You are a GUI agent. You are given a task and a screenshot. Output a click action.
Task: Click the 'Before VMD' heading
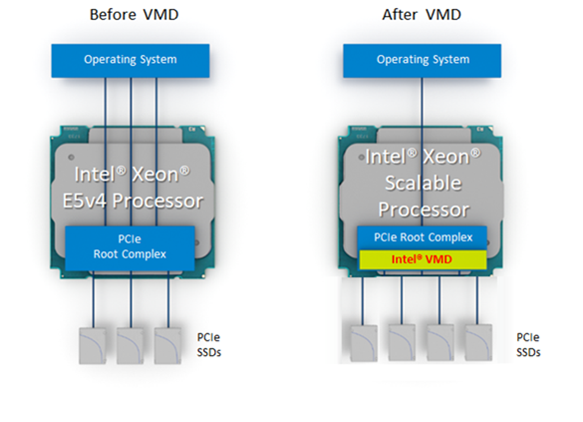click(135, 15)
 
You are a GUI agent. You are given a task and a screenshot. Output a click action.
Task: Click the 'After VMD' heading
click(422, 15)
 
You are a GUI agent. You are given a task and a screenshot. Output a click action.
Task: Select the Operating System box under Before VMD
click(131, 61)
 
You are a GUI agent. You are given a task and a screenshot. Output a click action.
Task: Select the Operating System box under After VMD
click(422, 61)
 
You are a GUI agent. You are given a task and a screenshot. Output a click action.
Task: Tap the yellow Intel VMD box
click(423, 259)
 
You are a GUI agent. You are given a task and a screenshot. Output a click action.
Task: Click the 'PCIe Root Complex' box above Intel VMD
click(422, 237)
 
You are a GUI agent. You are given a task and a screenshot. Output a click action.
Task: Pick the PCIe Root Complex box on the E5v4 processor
click(130, 247)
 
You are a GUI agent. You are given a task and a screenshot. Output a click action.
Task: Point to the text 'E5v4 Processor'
click(133, 201)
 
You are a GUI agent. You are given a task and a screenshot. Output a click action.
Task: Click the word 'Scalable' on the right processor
click(424, 184)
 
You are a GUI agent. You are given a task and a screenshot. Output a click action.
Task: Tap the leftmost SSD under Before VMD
click(93, 346)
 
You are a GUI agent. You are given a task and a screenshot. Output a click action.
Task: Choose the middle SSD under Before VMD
click(131, 346)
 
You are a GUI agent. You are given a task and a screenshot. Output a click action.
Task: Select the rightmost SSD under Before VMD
click(167, 346)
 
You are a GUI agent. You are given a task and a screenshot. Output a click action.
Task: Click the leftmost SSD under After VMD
click(364, 343)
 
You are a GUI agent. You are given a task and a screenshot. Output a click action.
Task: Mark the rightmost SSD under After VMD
click(479, 342)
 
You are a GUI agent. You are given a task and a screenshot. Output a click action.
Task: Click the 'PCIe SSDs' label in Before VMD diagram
click(209, 345)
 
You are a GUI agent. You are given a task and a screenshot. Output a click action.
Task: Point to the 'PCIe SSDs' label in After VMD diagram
click(528, 345)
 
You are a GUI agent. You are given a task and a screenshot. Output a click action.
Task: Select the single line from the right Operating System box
click(422, 152)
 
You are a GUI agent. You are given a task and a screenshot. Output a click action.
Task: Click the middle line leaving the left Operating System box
click(131, 152)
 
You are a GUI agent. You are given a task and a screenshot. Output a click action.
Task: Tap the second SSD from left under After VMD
click(402, 342)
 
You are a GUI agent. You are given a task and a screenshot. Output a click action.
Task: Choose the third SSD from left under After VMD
click(440, 342)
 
